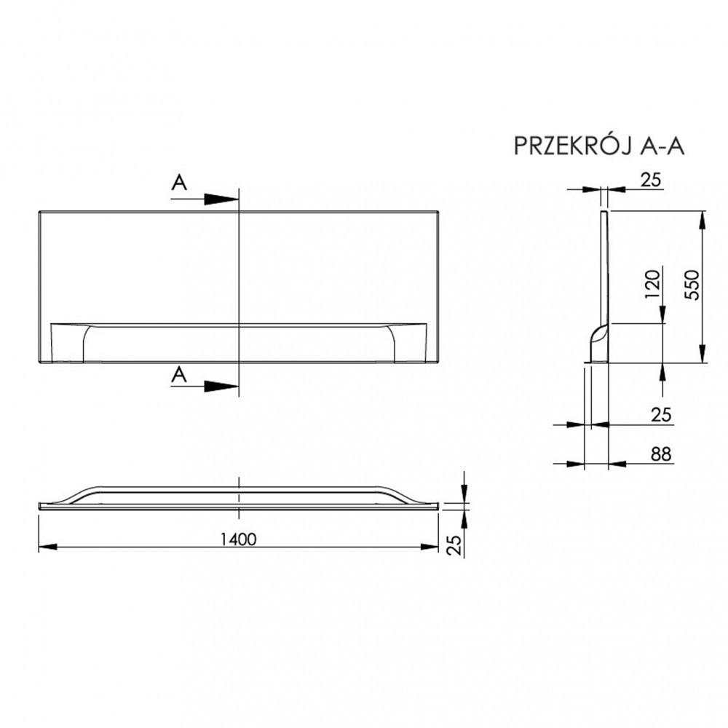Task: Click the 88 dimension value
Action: pos(659,454)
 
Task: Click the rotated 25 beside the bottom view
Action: pos(454,544)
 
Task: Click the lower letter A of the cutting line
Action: pos(179,374)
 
